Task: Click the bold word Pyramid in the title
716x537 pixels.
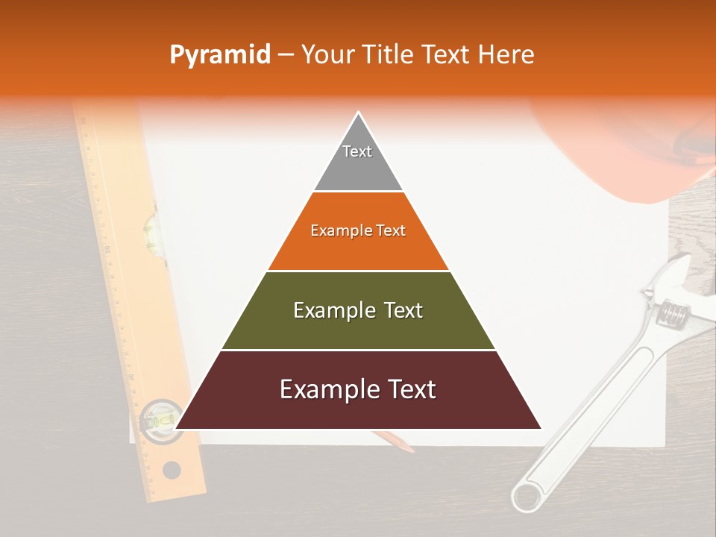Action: coord(219,55)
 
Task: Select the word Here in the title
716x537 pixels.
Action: coord(506,54)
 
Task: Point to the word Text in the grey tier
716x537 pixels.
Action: coord(357,151)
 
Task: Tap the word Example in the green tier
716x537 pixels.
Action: coord(331,310)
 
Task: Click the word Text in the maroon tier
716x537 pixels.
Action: coord(406,389)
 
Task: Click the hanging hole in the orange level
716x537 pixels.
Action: coord(172,471)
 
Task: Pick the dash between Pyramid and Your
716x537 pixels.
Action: coord(286,55)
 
